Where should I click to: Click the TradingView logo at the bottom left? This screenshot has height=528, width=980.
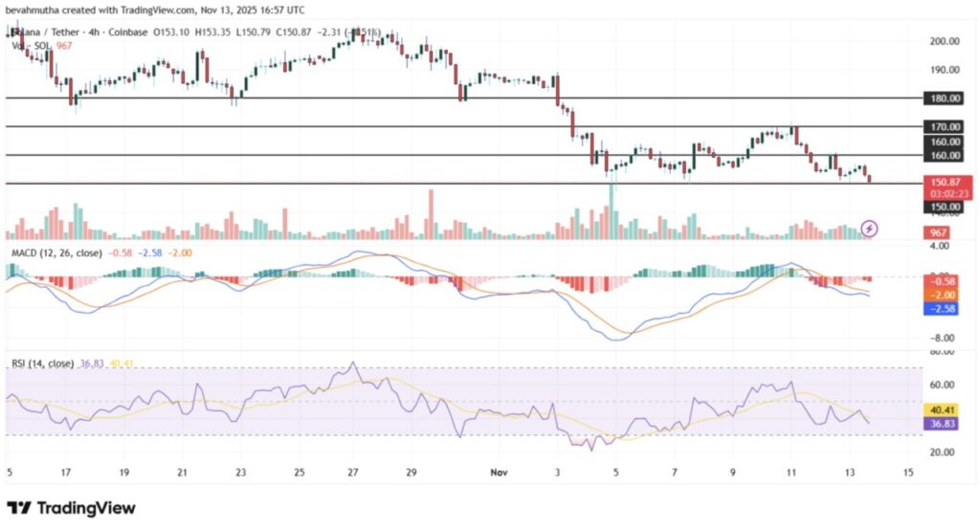tap(71, 508)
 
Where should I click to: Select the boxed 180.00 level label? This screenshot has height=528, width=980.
tap(944, 98)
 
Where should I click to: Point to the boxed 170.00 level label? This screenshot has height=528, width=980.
tap(944, 126)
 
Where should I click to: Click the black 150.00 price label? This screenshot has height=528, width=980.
tap(944, 207)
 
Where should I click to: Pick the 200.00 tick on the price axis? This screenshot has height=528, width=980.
tap(944, 41)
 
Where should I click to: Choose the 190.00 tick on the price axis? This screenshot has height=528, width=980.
tap(944, 70)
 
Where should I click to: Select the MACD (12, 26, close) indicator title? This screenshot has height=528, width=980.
tap(56, 252)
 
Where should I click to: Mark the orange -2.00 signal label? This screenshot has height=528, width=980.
tap(944, 296)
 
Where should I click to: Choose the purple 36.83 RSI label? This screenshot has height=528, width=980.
tap(944, 423)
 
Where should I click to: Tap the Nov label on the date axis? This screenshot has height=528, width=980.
tap(496, 473)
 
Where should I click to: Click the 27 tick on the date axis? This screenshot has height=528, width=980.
tap(353, 473)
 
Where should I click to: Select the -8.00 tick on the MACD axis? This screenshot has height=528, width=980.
tap(942, 338)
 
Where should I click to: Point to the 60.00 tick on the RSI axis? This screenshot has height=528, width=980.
tap(942, 385)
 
